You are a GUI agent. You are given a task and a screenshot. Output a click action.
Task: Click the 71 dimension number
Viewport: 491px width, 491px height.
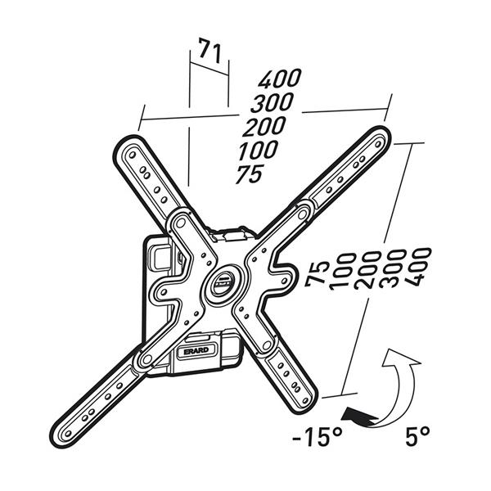point(208,54)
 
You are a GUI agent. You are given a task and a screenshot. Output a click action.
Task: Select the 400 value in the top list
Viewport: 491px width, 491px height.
point(280,79)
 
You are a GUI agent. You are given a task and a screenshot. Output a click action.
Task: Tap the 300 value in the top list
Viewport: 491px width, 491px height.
point(273,103)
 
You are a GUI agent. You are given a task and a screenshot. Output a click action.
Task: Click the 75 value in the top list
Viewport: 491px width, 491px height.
point(250,174)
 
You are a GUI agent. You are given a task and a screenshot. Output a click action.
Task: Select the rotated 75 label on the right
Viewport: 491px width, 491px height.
point(318,273)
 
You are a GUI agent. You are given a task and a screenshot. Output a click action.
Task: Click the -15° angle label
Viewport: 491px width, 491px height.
point(315,437)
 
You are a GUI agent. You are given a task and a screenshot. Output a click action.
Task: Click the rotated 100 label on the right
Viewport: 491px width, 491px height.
point(343,271)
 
